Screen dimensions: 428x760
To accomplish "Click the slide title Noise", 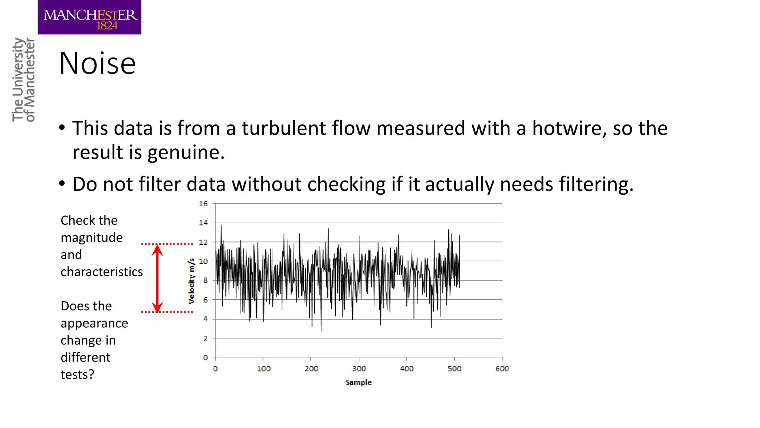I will [x=97, y=63].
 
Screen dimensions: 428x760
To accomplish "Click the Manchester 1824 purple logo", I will [x=89, y=17].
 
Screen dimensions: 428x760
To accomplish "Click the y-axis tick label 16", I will [x=203, y=204].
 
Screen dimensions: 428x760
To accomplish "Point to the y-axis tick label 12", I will [x=203, y=242].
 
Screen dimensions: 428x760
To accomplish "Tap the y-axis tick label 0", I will [x=205, y=357].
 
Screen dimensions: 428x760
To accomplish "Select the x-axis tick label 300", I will [x=359, y=369].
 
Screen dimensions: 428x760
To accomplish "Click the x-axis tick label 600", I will [x=502, y=369].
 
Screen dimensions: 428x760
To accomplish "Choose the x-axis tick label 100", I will [x=263, y=369].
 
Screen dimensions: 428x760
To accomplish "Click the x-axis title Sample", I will [x=358, y=382].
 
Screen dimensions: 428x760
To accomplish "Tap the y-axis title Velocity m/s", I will [x=191, y=281].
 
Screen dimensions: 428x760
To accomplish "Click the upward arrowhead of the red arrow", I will [x=157, y=250].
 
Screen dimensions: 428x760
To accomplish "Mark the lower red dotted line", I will [x=167, y=312].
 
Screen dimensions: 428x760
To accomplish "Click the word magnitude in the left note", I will [x=92, y=237].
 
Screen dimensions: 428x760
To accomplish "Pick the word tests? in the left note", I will [x=77, y=374].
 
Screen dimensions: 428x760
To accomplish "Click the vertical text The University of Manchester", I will [x=23, y=80].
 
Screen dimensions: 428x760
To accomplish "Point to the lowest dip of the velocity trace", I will [x=321, y=331].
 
